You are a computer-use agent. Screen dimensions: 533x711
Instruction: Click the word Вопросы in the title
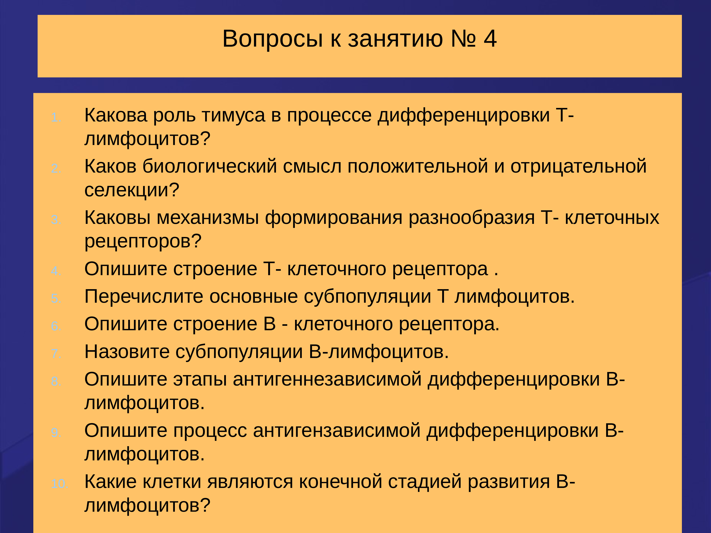click(x=272, y=39)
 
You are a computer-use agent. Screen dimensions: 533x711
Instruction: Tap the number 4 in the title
click(x=490, y=39)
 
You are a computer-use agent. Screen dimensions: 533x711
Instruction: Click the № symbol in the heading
click(x=463, y=39)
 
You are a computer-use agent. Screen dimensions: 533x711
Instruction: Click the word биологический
click(x=210, y=166)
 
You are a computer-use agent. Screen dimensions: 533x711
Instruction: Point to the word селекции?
click(x=132, y=190)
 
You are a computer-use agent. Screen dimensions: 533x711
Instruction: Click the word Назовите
click(x=127, y=352)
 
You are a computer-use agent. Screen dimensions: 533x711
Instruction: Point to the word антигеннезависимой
click(x=327, y=379)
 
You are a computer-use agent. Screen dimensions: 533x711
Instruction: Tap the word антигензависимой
click(x=337, y=431)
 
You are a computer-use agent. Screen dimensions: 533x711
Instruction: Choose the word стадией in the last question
click(x=425, y=482)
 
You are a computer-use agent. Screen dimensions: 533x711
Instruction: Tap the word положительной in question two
click(x=417, y=166)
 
